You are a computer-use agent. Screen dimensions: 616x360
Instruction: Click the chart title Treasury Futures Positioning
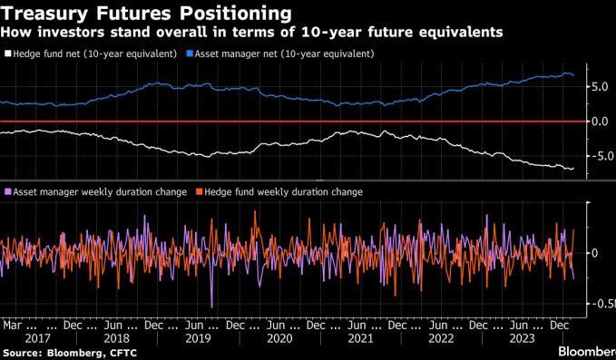(146, 13)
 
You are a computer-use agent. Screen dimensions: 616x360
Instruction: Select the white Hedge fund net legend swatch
(8, 54)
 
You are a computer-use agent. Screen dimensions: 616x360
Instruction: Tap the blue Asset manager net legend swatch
(190, 54)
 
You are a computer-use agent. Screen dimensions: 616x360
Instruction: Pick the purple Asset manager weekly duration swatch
(8, 192)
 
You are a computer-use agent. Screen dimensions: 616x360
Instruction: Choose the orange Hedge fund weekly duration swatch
(199, 192)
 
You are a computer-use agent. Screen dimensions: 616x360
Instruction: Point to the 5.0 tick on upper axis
(600, 87)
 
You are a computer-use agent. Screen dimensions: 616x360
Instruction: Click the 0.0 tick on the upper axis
(600, 122)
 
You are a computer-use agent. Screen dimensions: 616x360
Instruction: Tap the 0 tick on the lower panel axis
(594, 253)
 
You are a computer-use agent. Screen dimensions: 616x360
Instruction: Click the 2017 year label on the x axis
(37, 338)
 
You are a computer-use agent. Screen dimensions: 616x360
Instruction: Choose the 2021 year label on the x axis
(361, 338)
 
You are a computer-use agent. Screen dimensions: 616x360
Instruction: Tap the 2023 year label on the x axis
(523, 338)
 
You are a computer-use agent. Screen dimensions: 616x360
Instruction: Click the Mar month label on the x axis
(12, 325)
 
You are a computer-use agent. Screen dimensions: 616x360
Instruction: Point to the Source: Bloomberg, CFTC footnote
(70, 353)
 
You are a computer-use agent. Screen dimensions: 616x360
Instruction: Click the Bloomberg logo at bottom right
(587, 351)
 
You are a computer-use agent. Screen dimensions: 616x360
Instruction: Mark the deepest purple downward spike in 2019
(211, 306)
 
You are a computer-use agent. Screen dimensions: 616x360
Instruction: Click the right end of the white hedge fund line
(573, 169)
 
